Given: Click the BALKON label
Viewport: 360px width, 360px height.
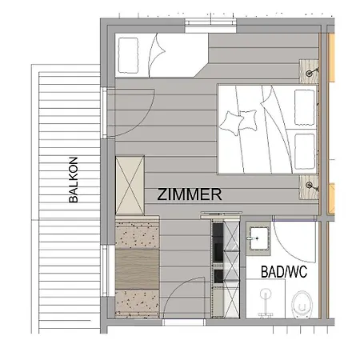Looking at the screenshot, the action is tap(74, 180).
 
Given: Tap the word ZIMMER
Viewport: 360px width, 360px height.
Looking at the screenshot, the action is tap(190, 194).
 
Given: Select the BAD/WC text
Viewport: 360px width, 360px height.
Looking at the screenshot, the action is tap(284, 272).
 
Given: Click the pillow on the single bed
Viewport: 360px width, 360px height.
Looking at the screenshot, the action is tap(128, 55).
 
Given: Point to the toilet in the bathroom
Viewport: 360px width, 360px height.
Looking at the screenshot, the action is tap(302, 305).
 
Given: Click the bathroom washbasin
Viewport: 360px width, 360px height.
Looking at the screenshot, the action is tap(258, 238).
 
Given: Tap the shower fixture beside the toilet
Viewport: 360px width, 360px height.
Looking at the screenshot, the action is tap(266, 303).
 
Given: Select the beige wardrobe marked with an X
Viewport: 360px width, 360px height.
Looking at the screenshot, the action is tap(130, 186).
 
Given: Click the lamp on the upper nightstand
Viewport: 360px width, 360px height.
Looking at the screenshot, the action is tap(310, 72).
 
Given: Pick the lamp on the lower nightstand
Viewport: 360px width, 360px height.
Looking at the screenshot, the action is tap(310, 185).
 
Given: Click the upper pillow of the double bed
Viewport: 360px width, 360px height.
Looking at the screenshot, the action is tap(305, 107).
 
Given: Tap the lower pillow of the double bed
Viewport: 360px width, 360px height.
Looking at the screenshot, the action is tap(305, 151).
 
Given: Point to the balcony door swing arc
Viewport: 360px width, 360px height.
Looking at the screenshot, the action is tap(143, 122).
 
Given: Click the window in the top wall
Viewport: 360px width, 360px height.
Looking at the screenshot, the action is tap(210, 26).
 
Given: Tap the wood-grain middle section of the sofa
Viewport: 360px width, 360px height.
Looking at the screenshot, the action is tap(137, 269).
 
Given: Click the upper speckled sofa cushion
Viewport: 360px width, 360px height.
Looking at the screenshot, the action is tap(137, 234).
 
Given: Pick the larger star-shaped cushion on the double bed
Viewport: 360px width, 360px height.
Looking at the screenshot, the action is tap(231, 123).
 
